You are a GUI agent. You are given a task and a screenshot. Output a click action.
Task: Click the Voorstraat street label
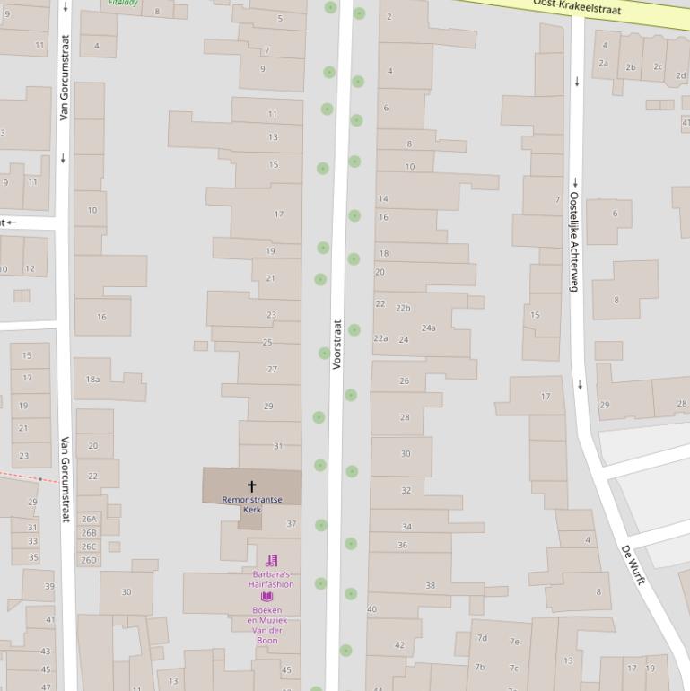click(x=337, y=345)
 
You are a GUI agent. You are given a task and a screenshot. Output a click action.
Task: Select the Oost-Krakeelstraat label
click(x=576, y=6)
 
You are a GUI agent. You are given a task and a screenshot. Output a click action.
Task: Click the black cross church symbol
click(x=251, y=486)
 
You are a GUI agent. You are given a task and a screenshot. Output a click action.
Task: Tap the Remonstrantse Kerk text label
click(x=252, y=504)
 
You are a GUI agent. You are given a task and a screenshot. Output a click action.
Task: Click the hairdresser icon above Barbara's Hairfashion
click(x=271, y=561)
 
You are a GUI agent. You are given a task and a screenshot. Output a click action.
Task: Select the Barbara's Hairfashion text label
click(x=271, y=579)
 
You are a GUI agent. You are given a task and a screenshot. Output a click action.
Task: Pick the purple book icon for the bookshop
click(x=266, y=597)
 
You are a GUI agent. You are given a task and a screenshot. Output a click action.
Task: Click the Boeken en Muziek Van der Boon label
click(x=267, y=625)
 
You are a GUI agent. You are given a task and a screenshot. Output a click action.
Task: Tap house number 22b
click(x=403, y=308)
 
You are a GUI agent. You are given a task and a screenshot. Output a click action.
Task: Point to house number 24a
click(x=429, y=328)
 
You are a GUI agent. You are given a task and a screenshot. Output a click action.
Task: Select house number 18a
click(x=92, y=380)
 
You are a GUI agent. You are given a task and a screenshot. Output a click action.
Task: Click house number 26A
click(x=89, y=519)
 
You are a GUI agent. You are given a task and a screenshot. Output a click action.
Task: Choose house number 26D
click(x=89, y=560)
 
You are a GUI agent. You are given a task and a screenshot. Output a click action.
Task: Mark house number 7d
click(x=482, y=638)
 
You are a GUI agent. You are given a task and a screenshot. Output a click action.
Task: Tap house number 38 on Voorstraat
click(x=430, y=585)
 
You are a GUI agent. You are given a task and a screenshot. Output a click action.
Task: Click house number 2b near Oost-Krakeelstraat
click(x=631, y=67)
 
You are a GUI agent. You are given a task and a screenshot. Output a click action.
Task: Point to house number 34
click(x=406, y=527)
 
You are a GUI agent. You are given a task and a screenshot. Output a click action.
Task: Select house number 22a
click(x=380, y=338)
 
